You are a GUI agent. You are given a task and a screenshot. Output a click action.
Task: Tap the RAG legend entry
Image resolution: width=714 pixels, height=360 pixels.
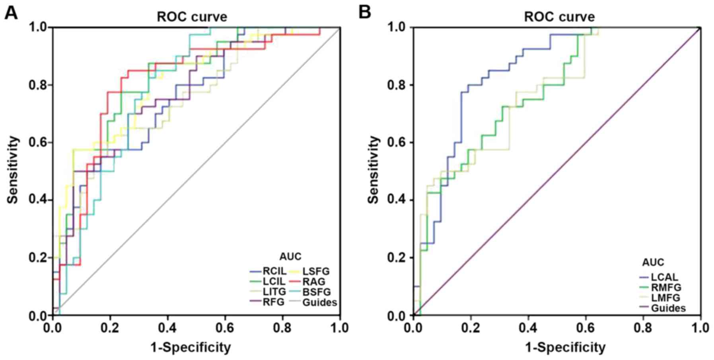(x=313, y=282)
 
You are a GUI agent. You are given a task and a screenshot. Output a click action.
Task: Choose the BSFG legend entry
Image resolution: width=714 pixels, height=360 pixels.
(x=316, y=292)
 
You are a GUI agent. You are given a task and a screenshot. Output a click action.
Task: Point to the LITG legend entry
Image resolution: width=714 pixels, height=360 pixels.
(x=274, y=292)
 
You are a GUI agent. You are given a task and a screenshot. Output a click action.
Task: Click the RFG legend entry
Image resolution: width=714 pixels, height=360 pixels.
(x=273, y=302)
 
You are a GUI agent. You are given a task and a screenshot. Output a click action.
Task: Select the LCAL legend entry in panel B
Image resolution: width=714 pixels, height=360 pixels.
(x=664, y=277)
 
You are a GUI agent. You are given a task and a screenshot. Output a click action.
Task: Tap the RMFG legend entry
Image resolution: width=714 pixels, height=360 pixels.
(x=666, y=287)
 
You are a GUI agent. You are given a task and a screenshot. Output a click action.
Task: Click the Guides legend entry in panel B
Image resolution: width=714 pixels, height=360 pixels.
(x=668, y=308)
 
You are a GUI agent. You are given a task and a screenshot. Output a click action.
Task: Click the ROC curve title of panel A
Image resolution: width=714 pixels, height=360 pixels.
(x=192, y=17)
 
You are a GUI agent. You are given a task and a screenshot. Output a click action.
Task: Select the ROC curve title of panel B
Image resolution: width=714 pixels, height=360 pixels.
(x=559, y=17)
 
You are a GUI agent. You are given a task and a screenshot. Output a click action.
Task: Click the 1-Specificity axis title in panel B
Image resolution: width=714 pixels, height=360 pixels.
(x=565, y=348)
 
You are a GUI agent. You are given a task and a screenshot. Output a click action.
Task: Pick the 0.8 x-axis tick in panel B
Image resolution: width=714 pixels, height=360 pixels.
(x=643, y=328)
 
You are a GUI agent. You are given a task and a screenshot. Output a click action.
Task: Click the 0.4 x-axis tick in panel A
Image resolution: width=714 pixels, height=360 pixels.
(x=167, y=328)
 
